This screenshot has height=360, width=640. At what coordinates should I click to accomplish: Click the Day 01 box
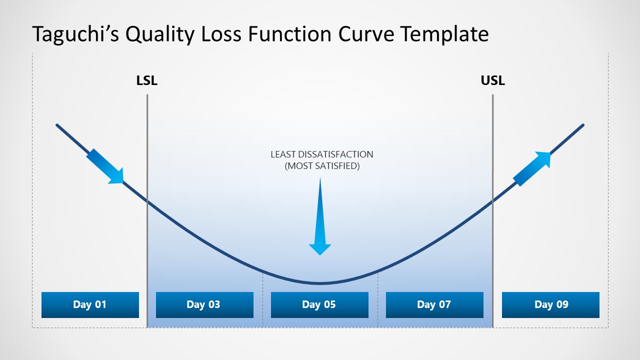(x=90, y=304)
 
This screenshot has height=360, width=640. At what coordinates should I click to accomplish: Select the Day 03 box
(x=204, y=304)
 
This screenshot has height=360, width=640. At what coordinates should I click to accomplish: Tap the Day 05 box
(x=319, y=304)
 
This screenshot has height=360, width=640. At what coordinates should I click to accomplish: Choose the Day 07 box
(x=434, y=304)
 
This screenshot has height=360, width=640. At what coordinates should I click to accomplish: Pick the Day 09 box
(x=550, y=304)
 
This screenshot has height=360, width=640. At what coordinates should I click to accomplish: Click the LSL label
(x=147, y=80)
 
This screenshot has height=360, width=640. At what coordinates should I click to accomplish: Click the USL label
(x=492, y=80)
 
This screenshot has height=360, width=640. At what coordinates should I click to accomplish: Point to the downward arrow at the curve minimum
(x=320, y=220)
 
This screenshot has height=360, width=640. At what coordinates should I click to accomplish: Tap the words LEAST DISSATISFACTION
(x=322, y=154)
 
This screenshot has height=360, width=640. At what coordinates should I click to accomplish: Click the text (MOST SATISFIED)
(x=322, y=166)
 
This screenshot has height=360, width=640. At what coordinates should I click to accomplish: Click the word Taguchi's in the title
(x=75, y=34)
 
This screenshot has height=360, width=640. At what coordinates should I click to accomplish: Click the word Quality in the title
(x=159, y=34)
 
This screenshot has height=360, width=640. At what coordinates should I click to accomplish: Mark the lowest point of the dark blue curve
(x=320, y=283)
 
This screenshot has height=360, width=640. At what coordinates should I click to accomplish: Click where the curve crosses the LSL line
(x=147, y=201)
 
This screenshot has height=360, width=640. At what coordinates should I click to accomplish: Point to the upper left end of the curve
(x=57, y=125)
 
